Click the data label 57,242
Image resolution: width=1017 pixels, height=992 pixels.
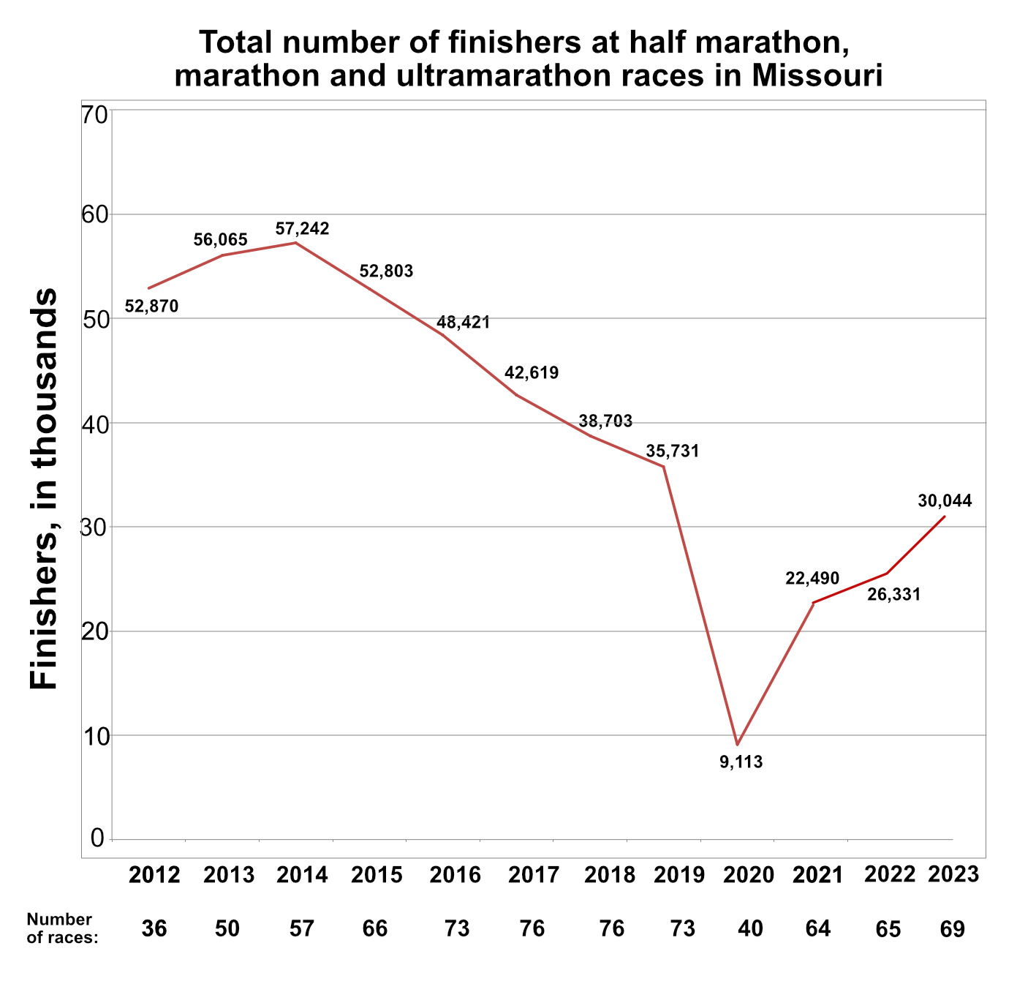coord(302,229)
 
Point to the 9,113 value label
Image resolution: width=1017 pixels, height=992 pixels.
coord(741,762)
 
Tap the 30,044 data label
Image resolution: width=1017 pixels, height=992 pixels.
coord(945,501)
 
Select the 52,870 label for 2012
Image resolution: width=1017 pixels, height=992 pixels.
coord(151,307)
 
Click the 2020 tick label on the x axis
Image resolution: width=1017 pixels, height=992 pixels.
coord(748,875)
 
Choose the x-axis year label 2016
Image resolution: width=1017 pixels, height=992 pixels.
coord(455,875)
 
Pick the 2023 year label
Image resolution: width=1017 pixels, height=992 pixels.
coord(953,874)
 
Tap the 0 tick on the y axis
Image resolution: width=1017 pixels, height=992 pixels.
coord(98,838)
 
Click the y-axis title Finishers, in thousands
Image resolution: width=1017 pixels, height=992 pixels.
coord(44,489)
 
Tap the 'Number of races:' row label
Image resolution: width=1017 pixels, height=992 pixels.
coord(61,928)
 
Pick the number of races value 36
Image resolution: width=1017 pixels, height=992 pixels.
coord(154,929)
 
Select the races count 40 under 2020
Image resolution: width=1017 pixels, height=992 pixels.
coord(751,929)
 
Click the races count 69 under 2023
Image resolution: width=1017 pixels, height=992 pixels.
coord(953,929)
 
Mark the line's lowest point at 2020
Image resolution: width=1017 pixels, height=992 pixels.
coord(738,745)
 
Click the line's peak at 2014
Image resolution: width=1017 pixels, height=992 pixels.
coord(295,242)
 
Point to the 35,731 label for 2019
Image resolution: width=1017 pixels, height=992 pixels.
coord(673,451)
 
